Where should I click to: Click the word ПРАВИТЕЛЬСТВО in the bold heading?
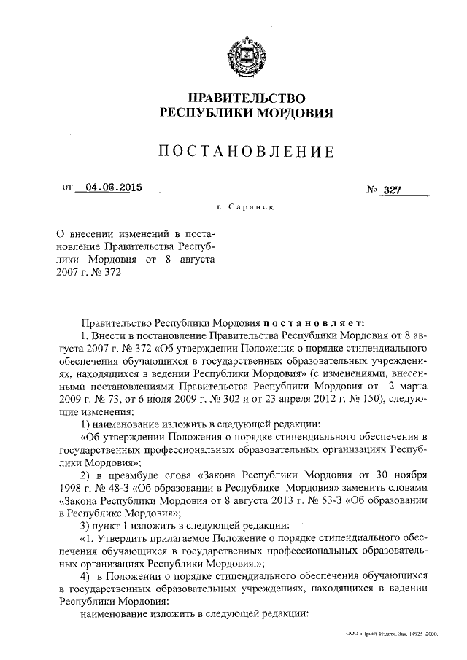[x=247, y=98]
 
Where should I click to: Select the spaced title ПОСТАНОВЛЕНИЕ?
[x=247, y=152]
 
